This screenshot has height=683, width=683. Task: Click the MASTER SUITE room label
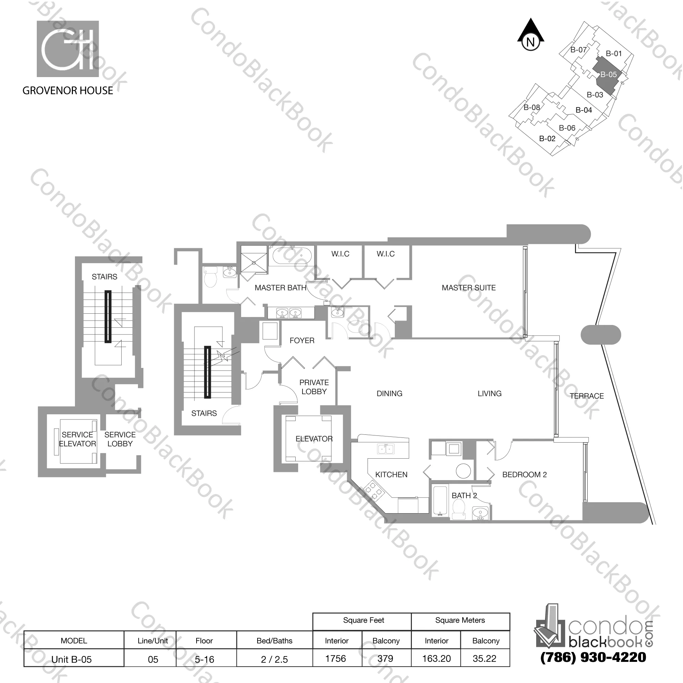pos(468,288)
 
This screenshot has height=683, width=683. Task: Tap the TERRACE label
pos(587,396)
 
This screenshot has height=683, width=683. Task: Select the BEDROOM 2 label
pos(524,475)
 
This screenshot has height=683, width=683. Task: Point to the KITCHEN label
pos(391,475)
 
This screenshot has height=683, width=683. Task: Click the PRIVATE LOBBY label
pos(314,387)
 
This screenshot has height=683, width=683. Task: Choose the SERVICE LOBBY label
pos(120,439)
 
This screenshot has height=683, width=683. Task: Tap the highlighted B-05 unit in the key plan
pos(607,75)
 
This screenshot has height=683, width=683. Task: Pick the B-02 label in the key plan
pos(547,139)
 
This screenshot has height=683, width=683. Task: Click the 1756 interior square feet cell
pos(336,658)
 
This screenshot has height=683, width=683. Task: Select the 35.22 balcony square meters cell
pos(484,658)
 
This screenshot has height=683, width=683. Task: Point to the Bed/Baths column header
pos(274,640)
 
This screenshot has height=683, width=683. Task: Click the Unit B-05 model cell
pos(72,659)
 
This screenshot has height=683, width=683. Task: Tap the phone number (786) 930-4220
pos(593,657)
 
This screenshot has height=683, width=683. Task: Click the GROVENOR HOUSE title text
pos(67,91)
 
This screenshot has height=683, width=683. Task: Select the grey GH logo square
pos(67,49)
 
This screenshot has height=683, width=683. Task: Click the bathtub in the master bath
pos(291,256)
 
